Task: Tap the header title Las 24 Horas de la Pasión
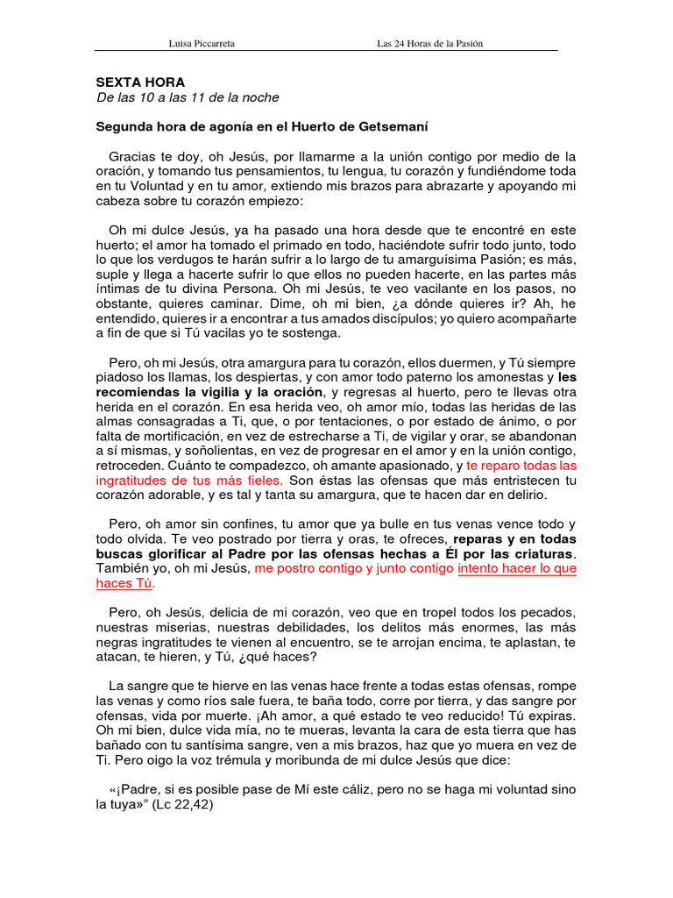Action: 429,43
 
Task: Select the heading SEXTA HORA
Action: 140,82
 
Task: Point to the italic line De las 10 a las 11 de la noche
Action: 187,97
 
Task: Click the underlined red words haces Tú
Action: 124,584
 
